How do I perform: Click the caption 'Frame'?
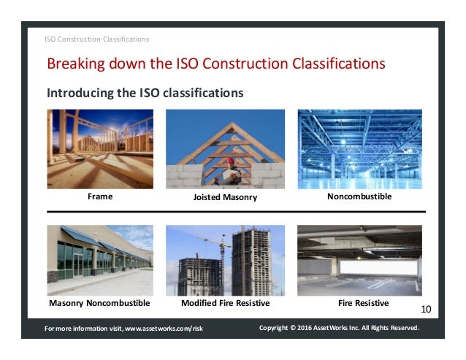[100, 196]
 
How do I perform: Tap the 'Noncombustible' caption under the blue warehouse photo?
[359, 196]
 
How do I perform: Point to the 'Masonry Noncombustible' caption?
[99, 302]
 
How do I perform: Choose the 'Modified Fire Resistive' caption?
[225, 302]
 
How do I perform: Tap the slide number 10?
[427, 310]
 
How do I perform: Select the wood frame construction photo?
[100, 149]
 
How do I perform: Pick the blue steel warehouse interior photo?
[359, 149]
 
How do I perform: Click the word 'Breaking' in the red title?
[75, 64]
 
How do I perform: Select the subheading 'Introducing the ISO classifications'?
[145, 93]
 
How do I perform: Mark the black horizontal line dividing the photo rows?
[234, 211]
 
